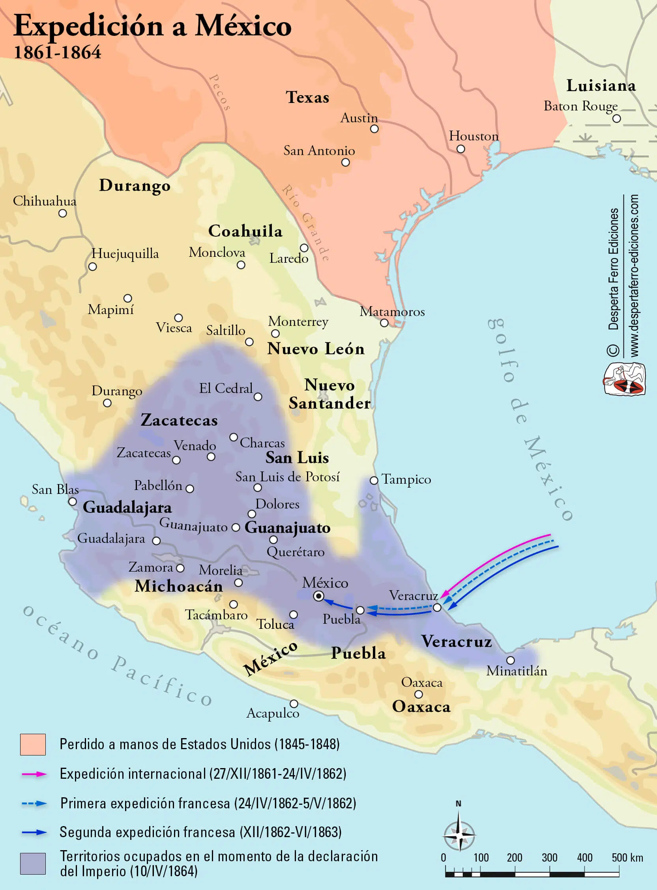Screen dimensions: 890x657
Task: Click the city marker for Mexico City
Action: coord(318,596)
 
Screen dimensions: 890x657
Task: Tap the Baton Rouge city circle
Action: coord(616,118)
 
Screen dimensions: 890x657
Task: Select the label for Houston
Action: coord(473,136)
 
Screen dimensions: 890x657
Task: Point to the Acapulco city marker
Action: coord(294,703)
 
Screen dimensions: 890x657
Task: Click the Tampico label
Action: coord(406,479)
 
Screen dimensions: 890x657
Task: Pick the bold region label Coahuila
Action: coord(245,231)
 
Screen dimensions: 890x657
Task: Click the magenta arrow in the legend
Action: coord(34,774)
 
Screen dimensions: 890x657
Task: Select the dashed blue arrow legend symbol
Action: coord(34,803)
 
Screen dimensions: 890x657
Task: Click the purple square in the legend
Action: coord(33,863)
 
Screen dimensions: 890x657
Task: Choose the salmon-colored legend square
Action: coord(33,744)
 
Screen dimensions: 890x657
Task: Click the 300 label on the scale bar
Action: coord(549,857)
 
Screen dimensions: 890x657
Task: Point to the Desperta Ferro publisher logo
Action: coord(623,379)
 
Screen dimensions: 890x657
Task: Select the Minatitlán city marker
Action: coord(510,660)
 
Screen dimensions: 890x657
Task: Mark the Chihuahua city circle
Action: coord(62,213)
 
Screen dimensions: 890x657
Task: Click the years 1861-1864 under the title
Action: coord(58,52)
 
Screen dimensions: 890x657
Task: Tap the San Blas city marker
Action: coord(72,502)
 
